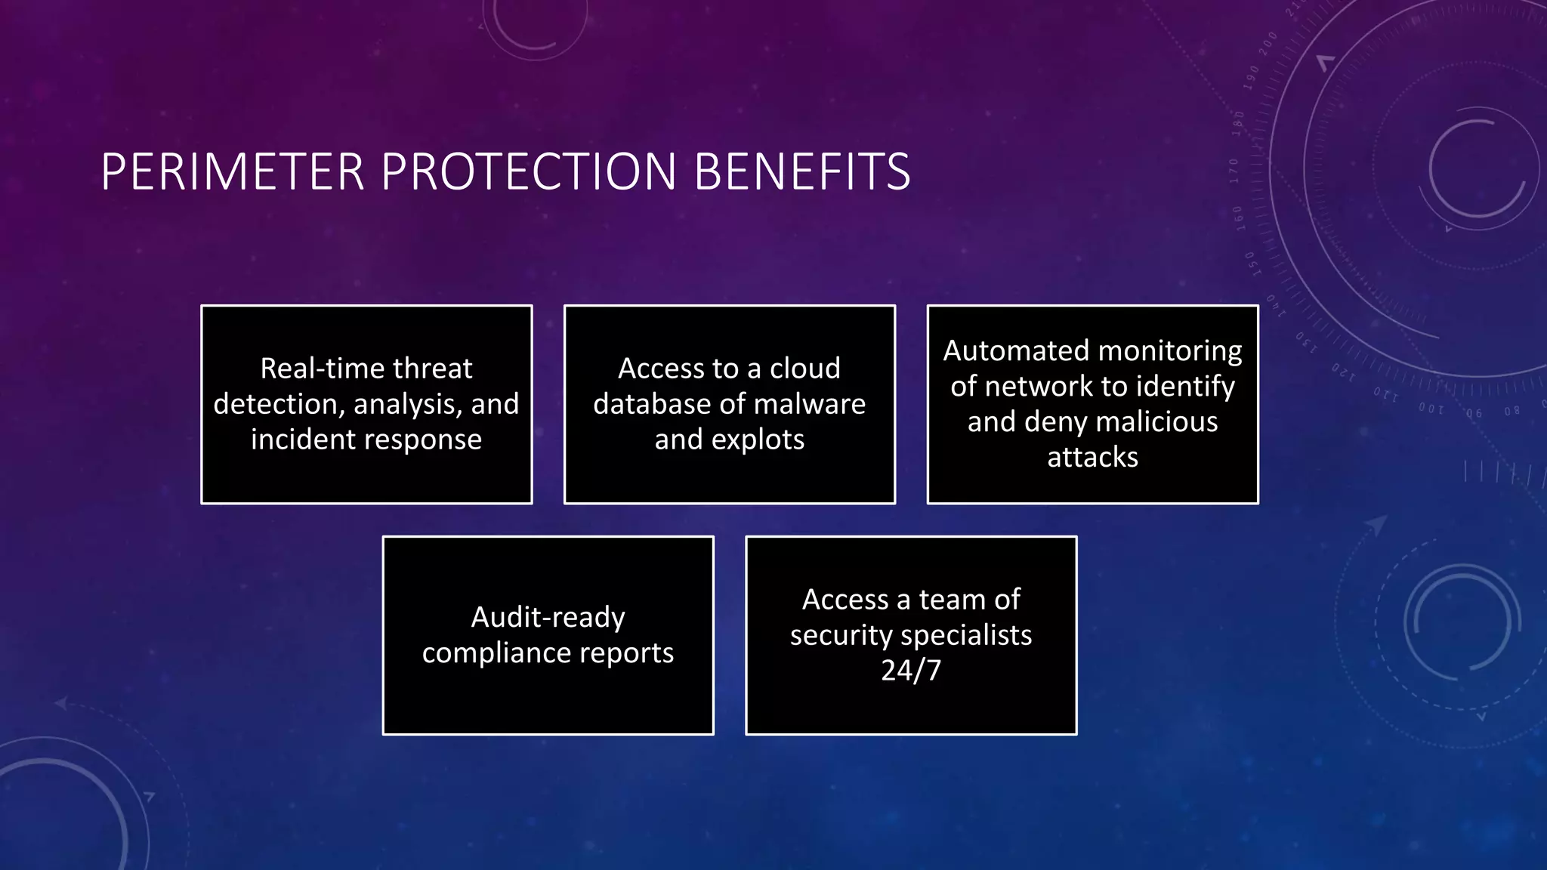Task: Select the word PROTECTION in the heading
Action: click(x=529, y=172)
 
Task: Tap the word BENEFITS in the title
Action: click(x=801, y=172)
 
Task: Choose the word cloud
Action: click(x=804, y=369)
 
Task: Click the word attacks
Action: click(x=1092, y=457)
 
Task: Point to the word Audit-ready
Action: click(x=548, y=618)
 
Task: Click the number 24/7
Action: click(x=911, y=671)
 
